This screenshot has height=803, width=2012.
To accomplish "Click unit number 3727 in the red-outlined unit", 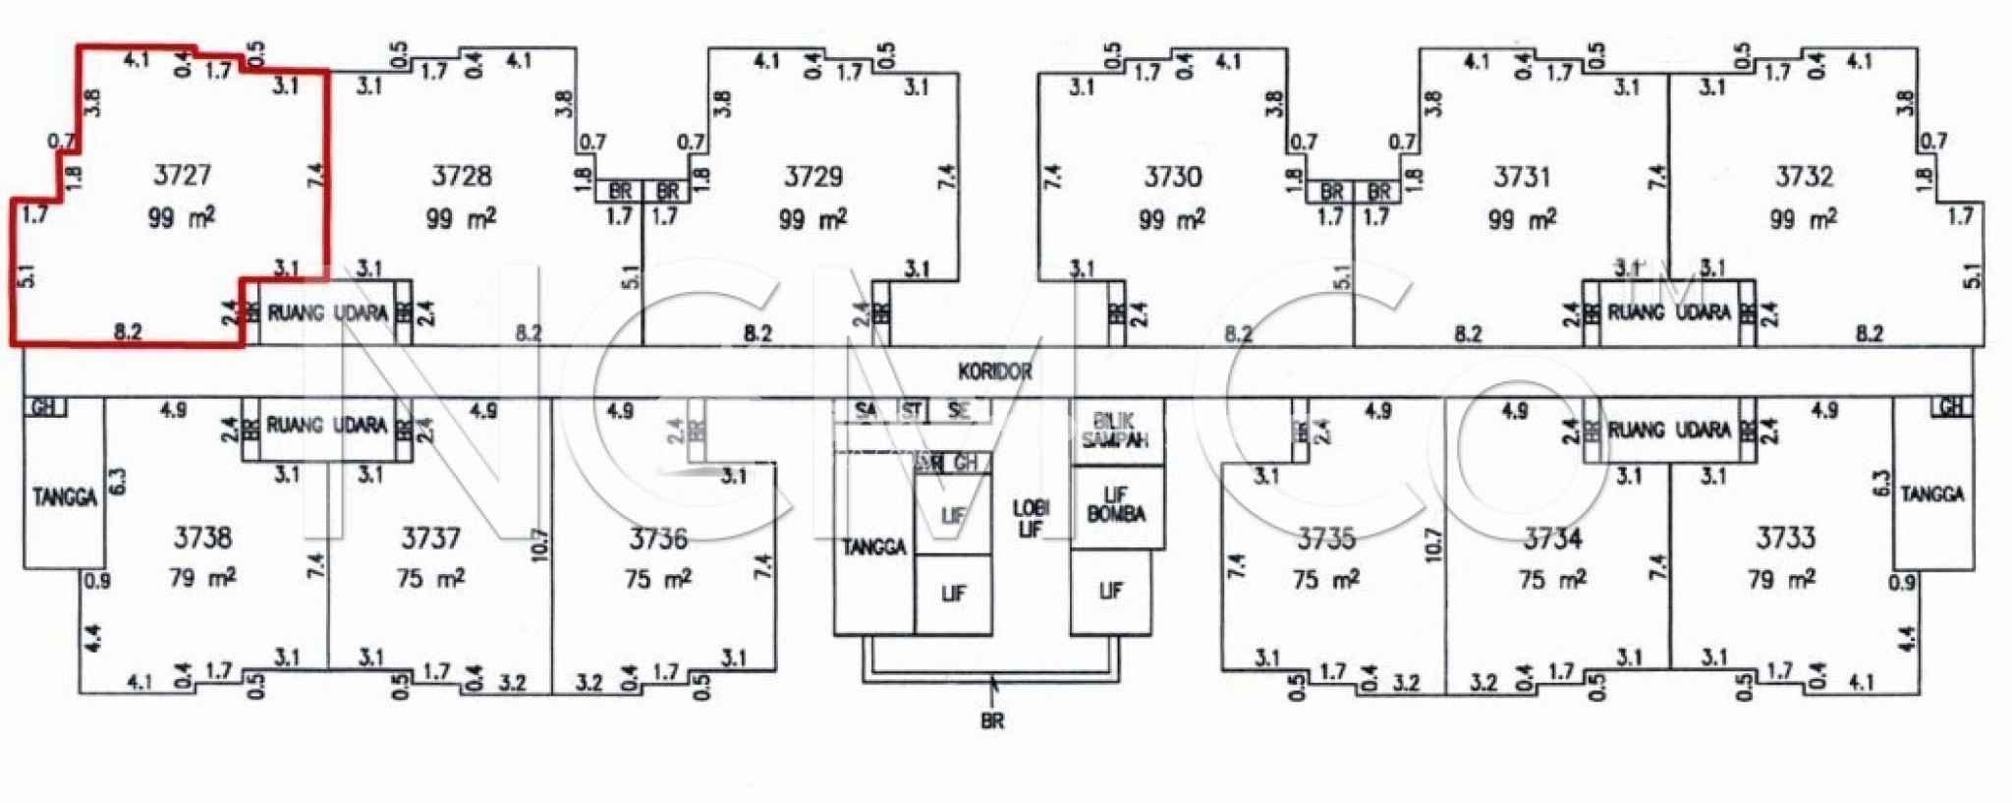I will pos(183,175).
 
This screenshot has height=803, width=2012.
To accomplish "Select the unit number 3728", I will pos(462,177).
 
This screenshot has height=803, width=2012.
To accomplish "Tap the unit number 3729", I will pos(813,177).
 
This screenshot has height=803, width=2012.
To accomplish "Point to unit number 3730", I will pos(1173,177).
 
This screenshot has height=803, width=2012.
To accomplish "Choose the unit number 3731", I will pos(1522,177).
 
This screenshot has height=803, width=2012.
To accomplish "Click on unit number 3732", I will pos(1804,177).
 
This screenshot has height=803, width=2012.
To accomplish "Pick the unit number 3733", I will pos(1786,538).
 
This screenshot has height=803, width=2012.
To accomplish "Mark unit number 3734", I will pos(1553,539).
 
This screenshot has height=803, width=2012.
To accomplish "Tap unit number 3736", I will pos(658,539).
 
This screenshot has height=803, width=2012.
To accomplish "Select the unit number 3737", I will pos(430,539).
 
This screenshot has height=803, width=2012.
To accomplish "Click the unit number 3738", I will pos(203,538).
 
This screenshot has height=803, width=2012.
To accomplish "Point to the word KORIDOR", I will pos(995,372).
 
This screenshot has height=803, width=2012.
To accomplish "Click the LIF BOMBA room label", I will pos(1115,504).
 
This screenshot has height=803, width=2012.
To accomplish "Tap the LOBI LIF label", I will pos(1031,519).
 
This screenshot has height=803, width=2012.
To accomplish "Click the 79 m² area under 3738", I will pos(202,578).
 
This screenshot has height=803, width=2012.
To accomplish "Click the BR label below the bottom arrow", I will pos(992,721).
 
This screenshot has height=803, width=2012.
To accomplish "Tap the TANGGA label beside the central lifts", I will pos(873,547).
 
